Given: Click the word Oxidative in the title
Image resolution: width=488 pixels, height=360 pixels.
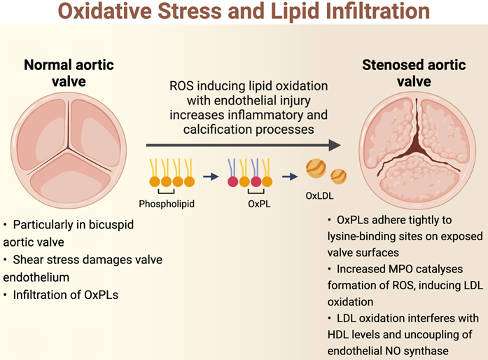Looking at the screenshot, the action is click(105, 11).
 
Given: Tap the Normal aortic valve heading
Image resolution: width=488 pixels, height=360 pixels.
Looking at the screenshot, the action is click(69, 73).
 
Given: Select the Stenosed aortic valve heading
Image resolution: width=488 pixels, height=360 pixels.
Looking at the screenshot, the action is click(414, 73).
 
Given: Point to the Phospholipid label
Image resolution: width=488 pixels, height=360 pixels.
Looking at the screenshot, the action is click(167, 204).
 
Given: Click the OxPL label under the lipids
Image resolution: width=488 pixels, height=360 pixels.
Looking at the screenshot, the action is click(259, 204).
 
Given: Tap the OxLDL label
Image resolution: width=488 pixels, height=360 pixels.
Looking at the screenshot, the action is click(319, 195).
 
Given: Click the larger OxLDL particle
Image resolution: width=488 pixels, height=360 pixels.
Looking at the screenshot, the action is click(316, 169).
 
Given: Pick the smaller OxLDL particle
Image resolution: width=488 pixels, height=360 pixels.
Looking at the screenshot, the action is click(338, 176).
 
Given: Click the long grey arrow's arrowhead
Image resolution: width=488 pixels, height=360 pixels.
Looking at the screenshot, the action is click(335, 145).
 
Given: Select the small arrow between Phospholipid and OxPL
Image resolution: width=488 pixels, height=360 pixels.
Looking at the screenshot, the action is click(211, 176).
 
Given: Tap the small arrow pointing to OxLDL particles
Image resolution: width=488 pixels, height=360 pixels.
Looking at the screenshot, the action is click(290, 176).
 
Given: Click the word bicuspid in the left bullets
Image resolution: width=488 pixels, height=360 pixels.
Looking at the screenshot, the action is click(111, 225).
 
